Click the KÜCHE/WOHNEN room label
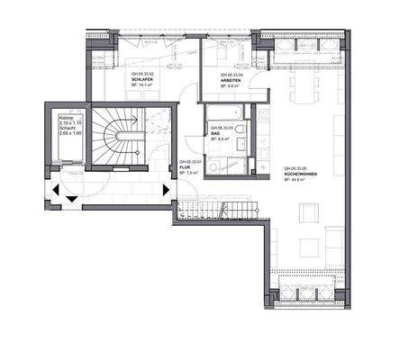[x=300, y=174]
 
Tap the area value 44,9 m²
[x=297, y=180]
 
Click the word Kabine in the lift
[x=66, y=117]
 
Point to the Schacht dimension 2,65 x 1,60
[x=71, y=133]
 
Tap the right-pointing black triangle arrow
[x=165, y=190]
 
